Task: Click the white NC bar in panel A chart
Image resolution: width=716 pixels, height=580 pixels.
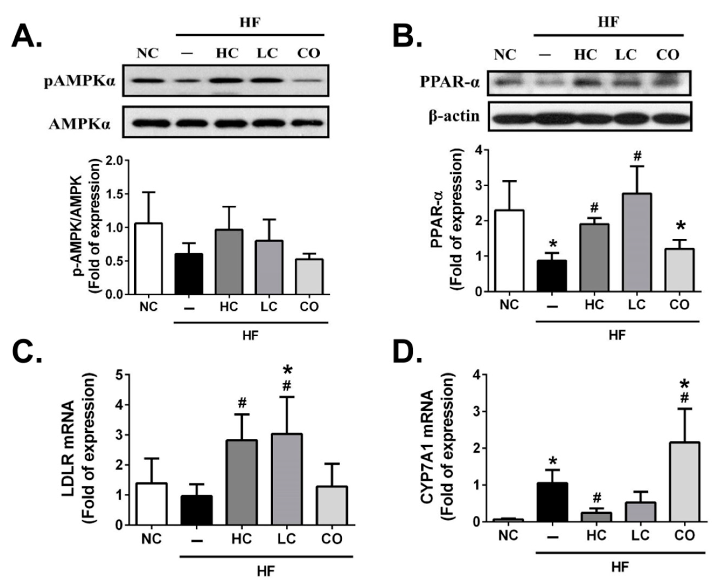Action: [148, 259]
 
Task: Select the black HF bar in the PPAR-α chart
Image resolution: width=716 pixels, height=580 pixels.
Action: [553, 276]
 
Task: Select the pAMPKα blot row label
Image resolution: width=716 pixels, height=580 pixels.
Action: [80, 81]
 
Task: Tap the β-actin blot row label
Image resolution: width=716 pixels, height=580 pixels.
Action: [455, 116]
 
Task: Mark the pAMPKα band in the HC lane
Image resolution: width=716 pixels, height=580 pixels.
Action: [227, 81]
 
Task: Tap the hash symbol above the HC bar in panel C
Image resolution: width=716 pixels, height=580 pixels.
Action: [242, 404]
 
